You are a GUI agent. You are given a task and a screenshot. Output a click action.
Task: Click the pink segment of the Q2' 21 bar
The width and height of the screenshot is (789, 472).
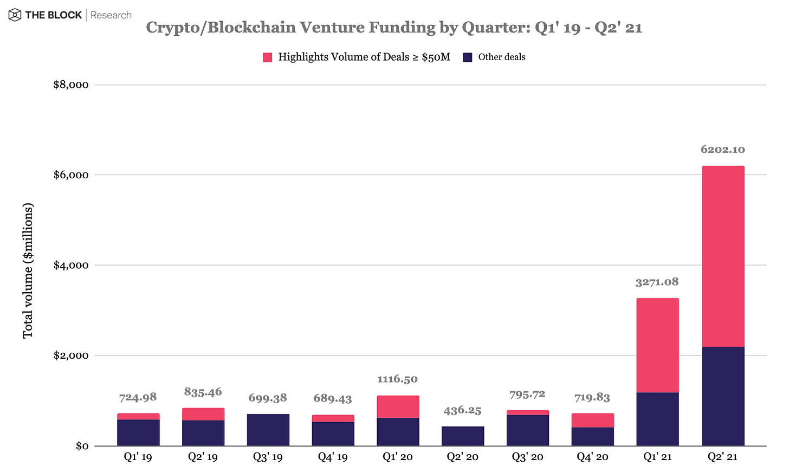click(x=722, y=256)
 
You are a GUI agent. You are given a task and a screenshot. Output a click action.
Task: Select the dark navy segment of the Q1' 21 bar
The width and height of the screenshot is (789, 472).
click(x=657, y=419)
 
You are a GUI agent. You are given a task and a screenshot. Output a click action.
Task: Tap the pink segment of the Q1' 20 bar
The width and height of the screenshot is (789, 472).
click(x=398, y=406)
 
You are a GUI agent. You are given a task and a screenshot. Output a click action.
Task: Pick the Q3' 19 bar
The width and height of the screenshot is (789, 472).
click(x=268, y=430)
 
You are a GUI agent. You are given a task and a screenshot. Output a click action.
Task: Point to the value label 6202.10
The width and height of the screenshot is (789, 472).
click(x=722, y=150)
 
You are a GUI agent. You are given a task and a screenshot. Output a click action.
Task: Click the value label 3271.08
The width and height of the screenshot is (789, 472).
click(x=657, y=282)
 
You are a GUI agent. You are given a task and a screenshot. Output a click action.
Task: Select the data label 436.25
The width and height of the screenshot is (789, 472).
click(x=462, y=410)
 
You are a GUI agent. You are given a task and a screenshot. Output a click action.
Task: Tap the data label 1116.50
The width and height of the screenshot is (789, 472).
click(x=397, y=379)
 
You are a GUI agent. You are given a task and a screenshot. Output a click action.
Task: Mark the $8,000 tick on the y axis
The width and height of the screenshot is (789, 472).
click(x=70, y=85)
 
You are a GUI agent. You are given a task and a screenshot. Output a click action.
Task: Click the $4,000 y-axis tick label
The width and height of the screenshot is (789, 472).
click(x=70, y=265)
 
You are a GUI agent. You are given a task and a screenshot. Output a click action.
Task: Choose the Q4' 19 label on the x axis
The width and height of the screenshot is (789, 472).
click(x=333, y=457)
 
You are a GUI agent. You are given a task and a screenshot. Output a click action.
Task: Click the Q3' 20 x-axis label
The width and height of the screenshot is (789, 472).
click(x=527, y=457)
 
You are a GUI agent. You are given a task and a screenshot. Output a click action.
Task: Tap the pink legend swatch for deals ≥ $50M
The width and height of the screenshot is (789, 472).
click(x=267, y=57)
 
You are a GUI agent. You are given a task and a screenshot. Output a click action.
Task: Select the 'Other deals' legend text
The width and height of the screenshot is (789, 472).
click(x=501, y=57)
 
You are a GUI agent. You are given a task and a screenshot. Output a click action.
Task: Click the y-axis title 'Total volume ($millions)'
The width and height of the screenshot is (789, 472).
click(x=28, y=270)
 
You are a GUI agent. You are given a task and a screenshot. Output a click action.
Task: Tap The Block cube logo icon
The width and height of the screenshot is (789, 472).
click(x=15, y=15)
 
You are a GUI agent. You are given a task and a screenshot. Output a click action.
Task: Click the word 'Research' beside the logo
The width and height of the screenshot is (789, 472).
click(x=111, y=15)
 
